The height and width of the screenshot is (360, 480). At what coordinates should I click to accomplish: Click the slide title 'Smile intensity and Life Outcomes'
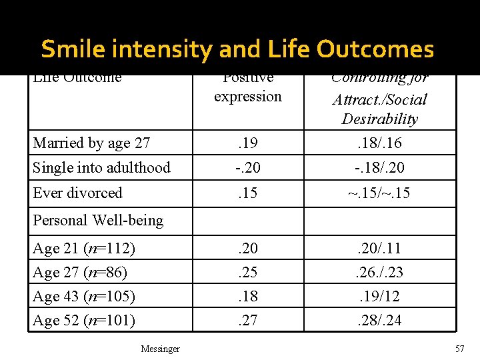[x=237, y=49]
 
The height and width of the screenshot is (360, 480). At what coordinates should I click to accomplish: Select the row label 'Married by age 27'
[x=91, y=143]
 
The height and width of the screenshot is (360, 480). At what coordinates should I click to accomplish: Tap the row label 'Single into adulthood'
[x=101, y=167]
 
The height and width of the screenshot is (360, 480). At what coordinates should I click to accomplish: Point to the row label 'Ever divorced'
[x=77, y=193]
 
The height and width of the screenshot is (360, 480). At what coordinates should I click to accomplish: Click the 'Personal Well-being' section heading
[x=98, y=220]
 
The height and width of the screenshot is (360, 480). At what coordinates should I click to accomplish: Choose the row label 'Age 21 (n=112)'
[x=84, y=249]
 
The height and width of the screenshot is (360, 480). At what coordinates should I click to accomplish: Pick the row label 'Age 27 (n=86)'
[x=80, y=272]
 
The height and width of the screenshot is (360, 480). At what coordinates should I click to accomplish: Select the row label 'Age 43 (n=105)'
[x=84, y=296]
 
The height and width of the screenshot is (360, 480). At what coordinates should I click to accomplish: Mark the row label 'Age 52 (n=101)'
[x=84, y=321]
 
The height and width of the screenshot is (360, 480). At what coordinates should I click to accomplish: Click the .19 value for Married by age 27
[x=248, y=143]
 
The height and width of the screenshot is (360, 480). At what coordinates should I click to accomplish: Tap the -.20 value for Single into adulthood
[x=248, y=167]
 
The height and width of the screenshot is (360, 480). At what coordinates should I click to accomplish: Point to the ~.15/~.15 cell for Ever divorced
[x=379, y=193]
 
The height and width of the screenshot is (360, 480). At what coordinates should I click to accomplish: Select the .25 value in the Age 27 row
[x=248, y=272]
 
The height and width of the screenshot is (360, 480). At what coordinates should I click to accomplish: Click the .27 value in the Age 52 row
[x=248, y=321]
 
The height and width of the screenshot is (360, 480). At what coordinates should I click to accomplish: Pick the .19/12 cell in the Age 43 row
[x=379, y=296]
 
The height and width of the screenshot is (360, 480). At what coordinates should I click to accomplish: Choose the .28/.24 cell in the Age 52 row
[x=379, y=321]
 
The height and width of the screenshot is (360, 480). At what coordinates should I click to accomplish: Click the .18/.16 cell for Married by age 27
[x=379, y=143]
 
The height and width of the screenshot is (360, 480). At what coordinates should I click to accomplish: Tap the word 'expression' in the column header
[x=248, y=97]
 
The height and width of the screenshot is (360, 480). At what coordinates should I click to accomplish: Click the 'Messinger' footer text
[x=160, y=349]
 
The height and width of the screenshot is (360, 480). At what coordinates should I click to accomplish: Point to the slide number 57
[x=459, y=349]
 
